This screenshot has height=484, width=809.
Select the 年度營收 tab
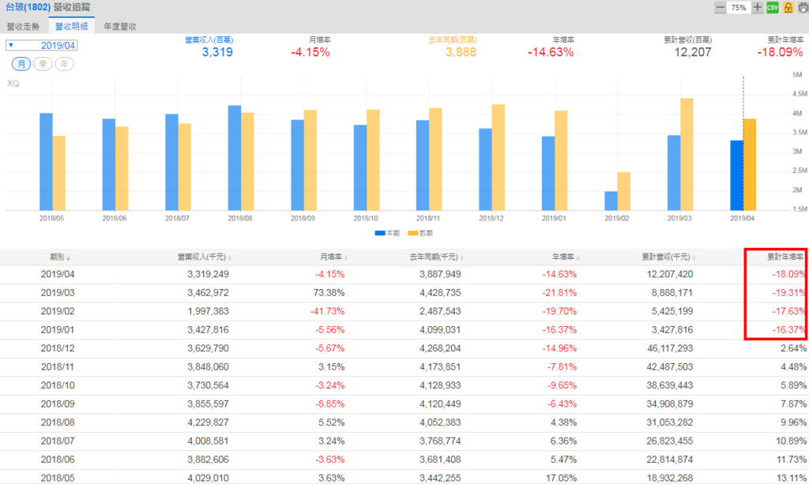click(120, 26)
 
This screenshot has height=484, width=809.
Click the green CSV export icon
click(773, 7)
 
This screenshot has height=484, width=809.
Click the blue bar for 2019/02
click(611, 201)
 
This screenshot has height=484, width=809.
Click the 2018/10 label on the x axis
click(366, 218)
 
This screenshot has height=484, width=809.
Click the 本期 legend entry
click(382, 233)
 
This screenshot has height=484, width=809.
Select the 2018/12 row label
click(57, 348)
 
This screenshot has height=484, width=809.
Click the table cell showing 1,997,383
click(201, 311)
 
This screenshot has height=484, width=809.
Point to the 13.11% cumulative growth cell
click(790, 478)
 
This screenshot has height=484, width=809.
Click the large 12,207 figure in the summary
click(693, 52)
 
